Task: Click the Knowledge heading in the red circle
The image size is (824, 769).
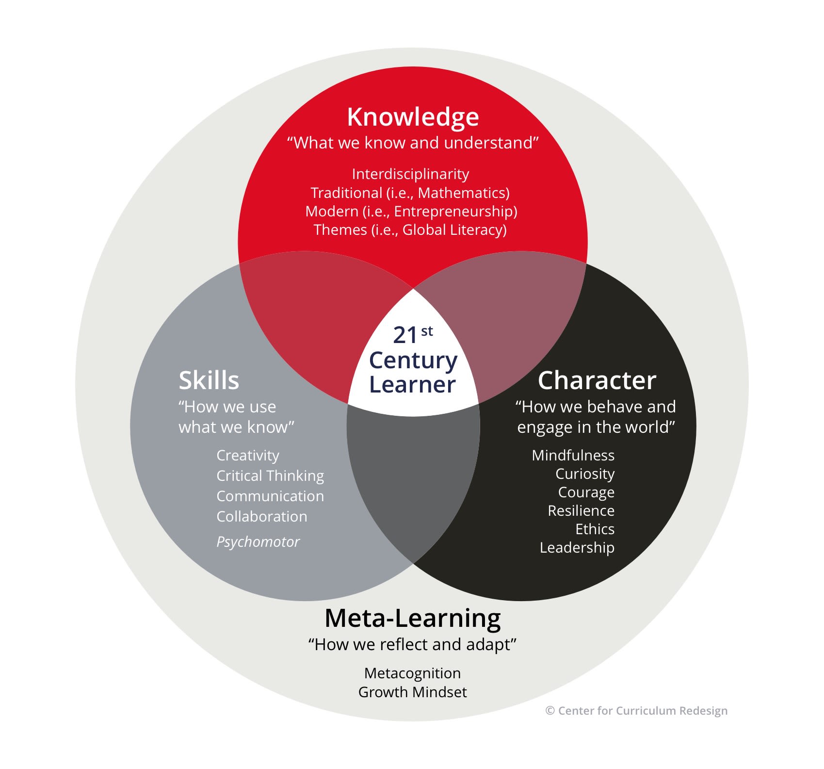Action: pyautogui.click(x=413, y=117)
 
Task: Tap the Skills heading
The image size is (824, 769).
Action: pyautogui.click(x=209, y=380)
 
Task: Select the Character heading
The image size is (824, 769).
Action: pyautogui.click(x=597, y=380)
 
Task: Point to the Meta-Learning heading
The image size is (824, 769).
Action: pyautogui.click(x=412, y=618)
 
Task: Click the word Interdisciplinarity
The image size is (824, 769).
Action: pyautogui.click(x=410, y=174)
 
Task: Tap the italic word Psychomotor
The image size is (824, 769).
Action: pyautogui.click(x=258, y=541)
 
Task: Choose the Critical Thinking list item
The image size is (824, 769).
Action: pyautogui.click(x=270, y=476)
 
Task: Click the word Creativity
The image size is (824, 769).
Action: pyautogui.click(x=248, y=456)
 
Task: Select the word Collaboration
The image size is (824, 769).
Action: pyautogui.click(x=262, y=517)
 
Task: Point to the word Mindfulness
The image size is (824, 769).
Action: pyautogui.click(x=573, y=455)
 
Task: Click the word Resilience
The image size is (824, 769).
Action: pyautogui.click(x=581, y=510)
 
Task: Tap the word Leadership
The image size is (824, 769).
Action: pyautogui.click(x=577, y=547)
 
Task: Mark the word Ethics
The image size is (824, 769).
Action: pyautogui.click(x=595, y=529)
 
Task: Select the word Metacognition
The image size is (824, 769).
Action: pyautogui.click(x=412, y=673)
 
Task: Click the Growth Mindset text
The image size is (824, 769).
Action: pyautogui.click(x=412, y=692)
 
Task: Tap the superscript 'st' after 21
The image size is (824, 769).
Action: pyautogui.click(x=427, y=331)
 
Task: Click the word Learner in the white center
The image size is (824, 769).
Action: pyautogui.click(x=412, y=384)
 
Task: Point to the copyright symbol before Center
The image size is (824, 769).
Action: pyautogui.click(x=550, y=711)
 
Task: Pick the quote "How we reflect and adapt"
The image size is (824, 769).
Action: pyautogui.click(x=412, y=644)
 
